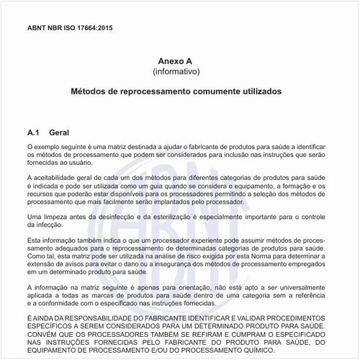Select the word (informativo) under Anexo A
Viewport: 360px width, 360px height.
click(x=176, y=72)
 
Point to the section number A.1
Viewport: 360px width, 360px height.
click(x=33, y=133)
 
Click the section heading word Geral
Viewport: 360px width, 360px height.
click(x=58, y=133)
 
